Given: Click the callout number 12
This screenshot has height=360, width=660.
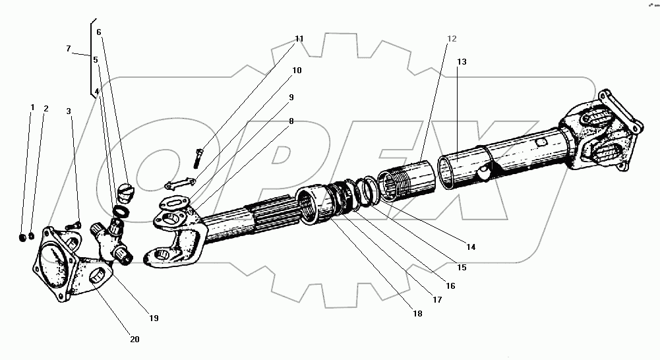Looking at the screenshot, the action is [x=451, y=39].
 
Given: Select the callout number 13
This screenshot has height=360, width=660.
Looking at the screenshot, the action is [x=462, y=62].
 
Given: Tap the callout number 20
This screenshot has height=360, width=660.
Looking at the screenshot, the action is [x=135, y=339].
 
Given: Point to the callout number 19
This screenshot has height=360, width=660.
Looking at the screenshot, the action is [x=154, y=318].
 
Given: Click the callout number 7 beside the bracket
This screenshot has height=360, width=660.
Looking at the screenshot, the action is [x=68, y=49].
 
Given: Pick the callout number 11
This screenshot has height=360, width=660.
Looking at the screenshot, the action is [x=299, y=39].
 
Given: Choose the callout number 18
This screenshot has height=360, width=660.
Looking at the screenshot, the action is [x=417, y=314].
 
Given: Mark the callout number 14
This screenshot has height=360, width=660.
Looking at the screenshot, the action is [x=471, y=247].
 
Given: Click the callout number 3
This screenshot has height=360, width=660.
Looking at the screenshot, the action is [x=69, y=111].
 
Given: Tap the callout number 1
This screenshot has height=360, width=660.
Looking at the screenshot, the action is [x=32, y=107].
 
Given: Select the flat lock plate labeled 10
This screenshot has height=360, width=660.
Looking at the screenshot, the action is [x=180, y=183].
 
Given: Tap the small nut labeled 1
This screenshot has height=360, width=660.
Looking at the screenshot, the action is [x=23, y=238].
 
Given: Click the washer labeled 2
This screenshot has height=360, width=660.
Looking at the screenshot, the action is [x=31, y=237].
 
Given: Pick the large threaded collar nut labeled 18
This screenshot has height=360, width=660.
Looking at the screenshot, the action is [x=314, y=205].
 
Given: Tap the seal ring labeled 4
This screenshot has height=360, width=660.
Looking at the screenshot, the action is [x=121, y=210].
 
